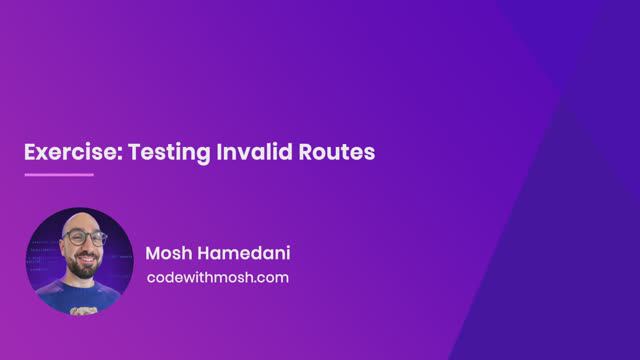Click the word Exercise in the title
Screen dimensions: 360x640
pyautogui.click(x=61, y=152)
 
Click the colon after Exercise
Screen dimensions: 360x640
pyautogui.click(x=102, y=154)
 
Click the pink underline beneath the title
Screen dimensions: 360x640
pyautogui.click(x=58, y=174)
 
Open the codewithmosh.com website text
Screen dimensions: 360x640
pyautogui.click(x=217, y=277)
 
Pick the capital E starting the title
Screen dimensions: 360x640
pyautogui.click(x=30, y=152)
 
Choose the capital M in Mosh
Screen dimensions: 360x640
pyautogui.click(x=153, y=252)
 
